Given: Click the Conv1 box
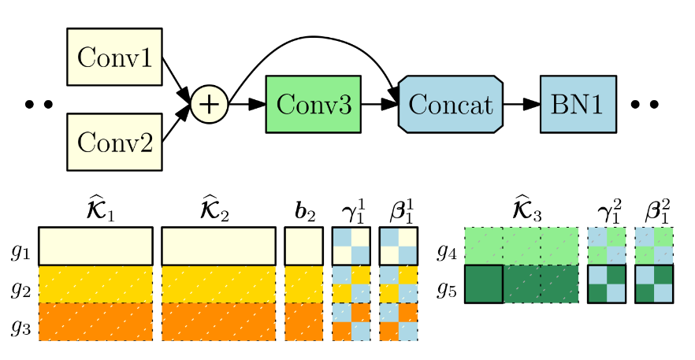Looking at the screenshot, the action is pyautogui.click(x=114, y=57).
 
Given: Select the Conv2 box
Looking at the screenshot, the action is pyautogui.click(x=114, y=142).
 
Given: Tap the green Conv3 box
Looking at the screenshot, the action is pyautogui.click(x=314, y=104).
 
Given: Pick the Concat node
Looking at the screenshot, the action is pyautogui.click(x=451, y=104).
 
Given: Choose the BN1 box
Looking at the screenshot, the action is pyautogui.click(x=578, y=104).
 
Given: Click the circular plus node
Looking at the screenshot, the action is pyautogui.click(x=210, y=105).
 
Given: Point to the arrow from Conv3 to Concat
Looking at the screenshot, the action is pyautogui.click(x=380, y=105).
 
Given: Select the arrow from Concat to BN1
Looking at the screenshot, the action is pyautogui.click(x=522, y=105).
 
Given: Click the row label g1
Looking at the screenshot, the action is pyautogui.click(x=20, y=253).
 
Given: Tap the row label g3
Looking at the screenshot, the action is pyautogui.click(x=20, y=328).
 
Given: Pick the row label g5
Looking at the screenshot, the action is pyautogui.click(x=447, y=290).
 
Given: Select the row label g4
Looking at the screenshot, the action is pyautogui.click(x=447, y=252).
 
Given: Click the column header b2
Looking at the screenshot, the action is pyautogui.click(x=304, y=213).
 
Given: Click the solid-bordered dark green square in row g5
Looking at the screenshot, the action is pyautogui.click(x=484, y=284).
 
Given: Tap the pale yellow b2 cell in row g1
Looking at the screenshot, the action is pyautogui.click(x=303, y=247).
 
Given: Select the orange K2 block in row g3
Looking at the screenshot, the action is pyautogui.click(x=218, y=322).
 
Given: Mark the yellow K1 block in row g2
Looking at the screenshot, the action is pyautogui.click(x=96, y=284).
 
